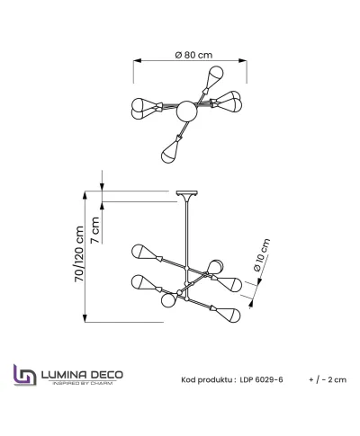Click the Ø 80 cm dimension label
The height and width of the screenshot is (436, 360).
(193, 55)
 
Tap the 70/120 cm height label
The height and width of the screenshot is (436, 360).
(79, 254)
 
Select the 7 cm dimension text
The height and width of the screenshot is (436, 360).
(94, 230)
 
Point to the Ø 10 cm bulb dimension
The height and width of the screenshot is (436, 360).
(262, 254)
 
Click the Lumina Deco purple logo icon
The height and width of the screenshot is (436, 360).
(25, 375)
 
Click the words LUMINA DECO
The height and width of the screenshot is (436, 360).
(82, 375)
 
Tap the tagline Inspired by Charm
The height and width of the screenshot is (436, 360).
(83, 383)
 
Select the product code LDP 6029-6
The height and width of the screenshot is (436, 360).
(261, 379)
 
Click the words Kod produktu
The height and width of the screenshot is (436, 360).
(207, 380)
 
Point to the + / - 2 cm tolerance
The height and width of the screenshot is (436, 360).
(328, 379)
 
